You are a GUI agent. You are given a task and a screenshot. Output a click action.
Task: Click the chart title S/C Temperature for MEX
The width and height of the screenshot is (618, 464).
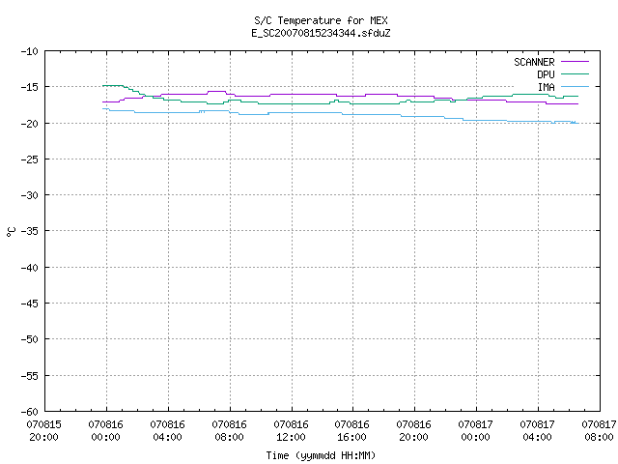(321, 20)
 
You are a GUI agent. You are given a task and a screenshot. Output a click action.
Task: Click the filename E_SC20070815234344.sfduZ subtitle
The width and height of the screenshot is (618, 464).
(321, 33)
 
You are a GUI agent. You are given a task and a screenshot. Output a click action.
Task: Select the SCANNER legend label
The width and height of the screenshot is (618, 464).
(534, 62)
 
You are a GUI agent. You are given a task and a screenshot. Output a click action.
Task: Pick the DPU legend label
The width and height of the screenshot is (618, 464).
(546, 74)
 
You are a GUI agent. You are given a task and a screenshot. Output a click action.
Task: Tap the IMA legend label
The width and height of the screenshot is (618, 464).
(547, 87)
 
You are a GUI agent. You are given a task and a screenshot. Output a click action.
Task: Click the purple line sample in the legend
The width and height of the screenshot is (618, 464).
(576, 62)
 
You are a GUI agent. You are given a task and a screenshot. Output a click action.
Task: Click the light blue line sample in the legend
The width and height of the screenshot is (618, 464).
(576, 86)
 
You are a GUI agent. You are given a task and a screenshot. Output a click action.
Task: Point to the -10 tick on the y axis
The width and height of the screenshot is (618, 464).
(30, 51)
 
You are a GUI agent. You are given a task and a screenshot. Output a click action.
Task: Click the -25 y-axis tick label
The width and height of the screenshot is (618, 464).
(30, 159)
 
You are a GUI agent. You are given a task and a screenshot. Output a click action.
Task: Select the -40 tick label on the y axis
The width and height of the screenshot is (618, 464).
(30, 268)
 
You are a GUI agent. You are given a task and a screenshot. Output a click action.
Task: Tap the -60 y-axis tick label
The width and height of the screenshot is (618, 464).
(30, 412)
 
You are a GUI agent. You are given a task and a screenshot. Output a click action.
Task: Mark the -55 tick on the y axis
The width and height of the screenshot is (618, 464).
(30, 376)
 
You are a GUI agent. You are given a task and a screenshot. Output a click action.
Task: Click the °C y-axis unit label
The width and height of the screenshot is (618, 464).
(11, 232)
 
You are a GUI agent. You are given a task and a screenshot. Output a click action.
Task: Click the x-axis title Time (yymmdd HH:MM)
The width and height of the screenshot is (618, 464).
(321, 455)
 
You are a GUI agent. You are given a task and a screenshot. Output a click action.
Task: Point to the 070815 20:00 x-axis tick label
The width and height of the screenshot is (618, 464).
(43, 431)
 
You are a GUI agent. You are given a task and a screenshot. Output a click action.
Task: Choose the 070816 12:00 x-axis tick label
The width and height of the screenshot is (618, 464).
(291, 431)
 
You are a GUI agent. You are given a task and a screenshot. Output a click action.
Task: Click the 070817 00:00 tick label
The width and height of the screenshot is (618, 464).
(475, 431)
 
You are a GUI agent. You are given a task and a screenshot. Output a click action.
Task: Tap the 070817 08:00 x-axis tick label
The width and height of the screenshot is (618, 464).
(599, 431)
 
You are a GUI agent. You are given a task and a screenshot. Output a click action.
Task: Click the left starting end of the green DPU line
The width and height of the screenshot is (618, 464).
(103, 86)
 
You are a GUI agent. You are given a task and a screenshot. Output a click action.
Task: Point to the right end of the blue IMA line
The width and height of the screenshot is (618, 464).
(578, 123)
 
